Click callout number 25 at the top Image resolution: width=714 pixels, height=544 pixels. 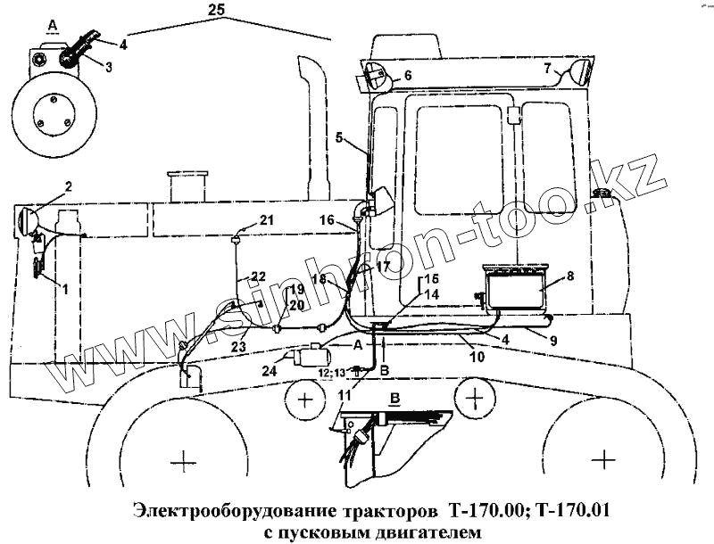[215, 10]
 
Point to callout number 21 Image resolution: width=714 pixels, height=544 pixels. [267, 220]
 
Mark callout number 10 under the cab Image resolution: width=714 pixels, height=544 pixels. [477, 357]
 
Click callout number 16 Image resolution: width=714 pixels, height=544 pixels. [327, 219]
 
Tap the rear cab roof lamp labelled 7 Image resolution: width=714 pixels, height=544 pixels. [579, 70]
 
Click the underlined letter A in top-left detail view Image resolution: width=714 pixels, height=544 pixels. [53, 24]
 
